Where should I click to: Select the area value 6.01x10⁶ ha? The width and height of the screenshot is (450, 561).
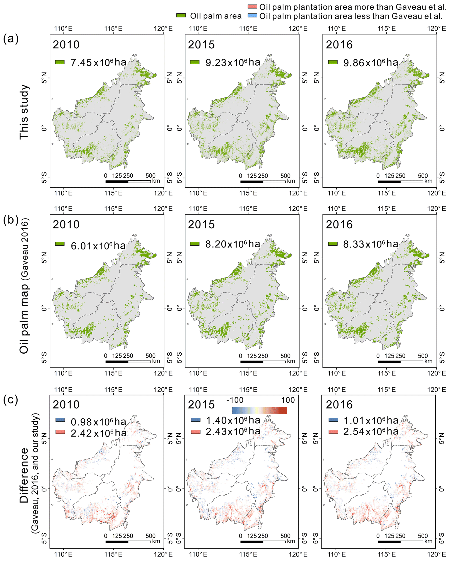(98, 245)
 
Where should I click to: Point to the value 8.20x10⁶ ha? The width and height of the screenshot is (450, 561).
(233, 244)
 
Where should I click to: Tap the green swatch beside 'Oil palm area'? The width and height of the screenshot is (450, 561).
(181, 16)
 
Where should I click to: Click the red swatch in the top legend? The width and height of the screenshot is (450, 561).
(252, 7)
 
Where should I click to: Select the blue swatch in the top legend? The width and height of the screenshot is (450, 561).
(252, 16)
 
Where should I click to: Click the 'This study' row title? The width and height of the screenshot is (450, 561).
(24, 112)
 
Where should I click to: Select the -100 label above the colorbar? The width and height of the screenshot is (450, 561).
(235, 400)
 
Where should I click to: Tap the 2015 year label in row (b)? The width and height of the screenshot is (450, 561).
(201, 225)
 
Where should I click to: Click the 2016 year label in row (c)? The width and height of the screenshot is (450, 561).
(339, 405)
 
